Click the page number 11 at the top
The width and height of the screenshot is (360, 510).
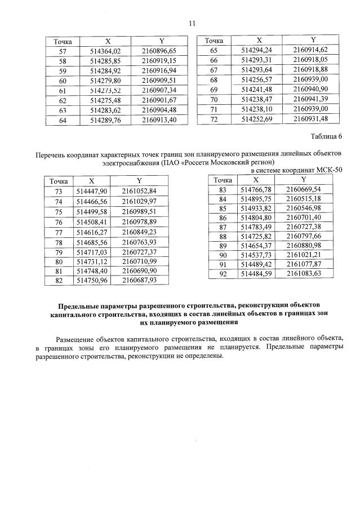click(191, 24)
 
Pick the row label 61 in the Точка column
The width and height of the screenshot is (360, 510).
click(62, 91)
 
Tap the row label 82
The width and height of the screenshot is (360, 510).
click(59, 280)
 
